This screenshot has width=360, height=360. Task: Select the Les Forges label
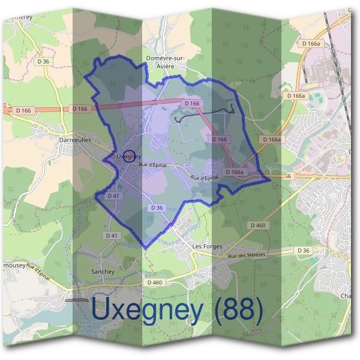click(x=207, y=247)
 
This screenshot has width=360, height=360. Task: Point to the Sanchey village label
click(x=103, y=271)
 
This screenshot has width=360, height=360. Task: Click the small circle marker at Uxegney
click(x=128, y=156)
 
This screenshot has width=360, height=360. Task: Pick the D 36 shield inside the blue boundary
click(x=157, y=208)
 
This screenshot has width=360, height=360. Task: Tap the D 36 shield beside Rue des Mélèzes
click(x=303, y=250)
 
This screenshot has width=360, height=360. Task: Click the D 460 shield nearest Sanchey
click(x=154, y=282)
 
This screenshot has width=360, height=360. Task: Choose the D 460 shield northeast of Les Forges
click(x=257, y=225)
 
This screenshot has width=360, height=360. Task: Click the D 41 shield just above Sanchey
click(x=112, y=235)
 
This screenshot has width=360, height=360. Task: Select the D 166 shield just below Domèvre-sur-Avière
click(x=192, y=104)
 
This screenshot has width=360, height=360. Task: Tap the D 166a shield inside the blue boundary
click(x=235, y=172)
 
